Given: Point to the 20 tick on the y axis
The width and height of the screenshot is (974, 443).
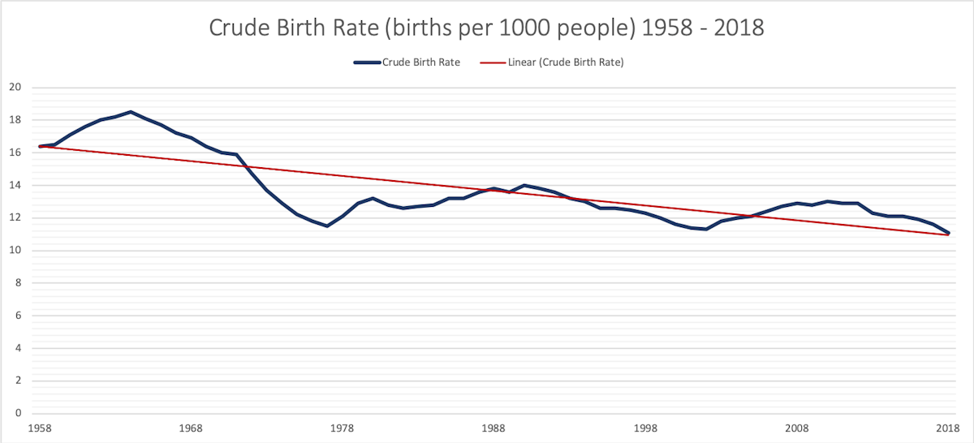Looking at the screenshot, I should tap(14, 88).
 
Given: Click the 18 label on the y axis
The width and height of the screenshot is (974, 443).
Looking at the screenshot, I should tap(14, 120).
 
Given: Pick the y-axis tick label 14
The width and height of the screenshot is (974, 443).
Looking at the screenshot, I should tap(14, 185).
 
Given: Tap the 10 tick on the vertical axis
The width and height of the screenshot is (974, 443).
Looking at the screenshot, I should tap(14, 250).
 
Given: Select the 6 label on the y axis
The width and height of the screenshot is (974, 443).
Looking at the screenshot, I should tap(16, 316).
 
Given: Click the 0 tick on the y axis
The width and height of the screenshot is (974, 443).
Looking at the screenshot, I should tap(16, 413).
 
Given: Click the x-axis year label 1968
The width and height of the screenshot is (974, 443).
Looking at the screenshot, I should tap(191, 428).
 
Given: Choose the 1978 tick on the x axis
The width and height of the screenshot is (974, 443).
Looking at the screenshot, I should tap(343, 428).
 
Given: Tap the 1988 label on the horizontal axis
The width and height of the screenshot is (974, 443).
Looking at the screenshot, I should tap(493, 428).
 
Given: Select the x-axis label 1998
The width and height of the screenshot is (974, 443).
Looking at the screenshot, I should tap(645, 428).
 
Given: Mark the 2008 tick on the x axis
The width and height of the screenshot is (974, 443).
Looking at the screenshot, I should tap(797, 428).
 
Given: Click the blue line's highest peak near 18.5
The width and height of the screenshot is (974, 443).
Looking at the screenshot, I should tap(130, 112).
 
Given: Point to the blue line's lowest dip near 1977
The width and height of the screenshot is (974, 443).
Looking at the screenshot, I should tap(327, 226).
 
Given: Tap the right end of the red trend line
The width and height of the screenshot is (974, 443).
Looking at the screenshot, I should tap(948, 234).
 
